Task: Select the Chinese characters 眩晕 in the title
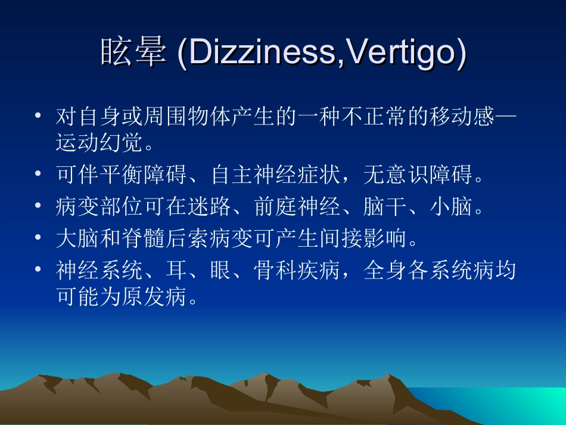click(x=132, y=54)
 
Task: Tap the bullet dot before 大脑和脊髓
click(x=39, y=238)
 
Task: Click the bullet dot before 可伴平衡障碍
click(x=39, y=175)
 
